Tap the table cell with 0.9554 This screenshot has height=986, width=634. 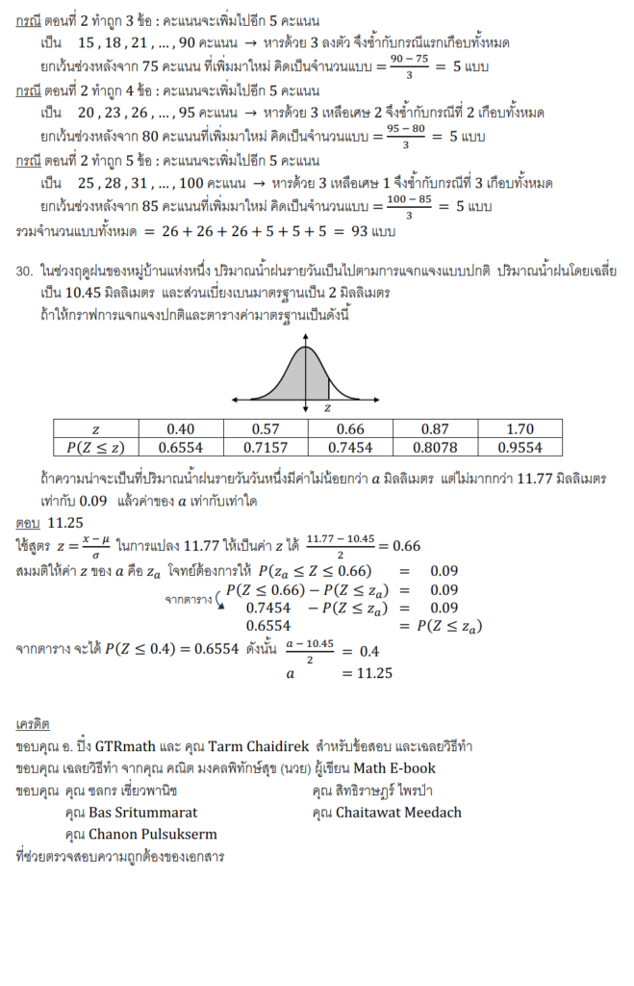click(x=520, y=447)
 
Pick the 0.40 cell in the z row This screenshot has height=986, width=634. click(x=181, y=428)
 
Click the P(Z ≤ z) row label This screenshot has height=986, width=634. click(x=95, y=447)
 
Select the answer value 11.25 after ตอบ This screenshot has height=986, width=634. click(x=65, y=523)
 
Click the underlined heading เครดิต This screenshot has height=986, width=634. click(x=33, y=723)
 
